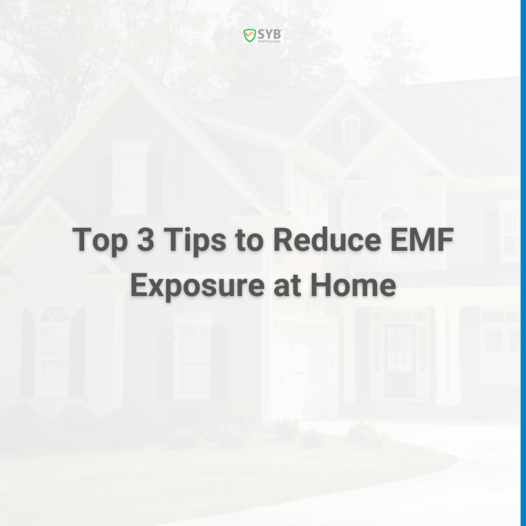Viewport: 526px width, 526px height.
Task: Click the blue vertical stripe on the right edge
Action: pos(523,263)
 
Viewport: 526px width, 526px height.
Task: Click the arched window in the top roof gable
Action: pos(351,129)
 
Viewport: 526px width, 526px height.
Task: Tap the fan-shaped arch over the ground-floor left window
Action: pos(54,314)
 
